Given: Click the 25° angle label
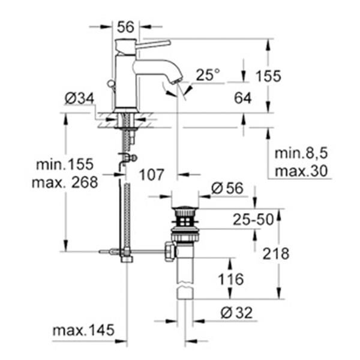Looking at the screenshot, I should pyautogui.click(x=208, y=75).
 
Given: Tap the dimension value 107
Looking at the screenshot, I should pyautogui.click(x=152, y=175).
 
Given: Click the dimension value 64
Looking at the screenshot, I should pyautogui.click(x=243, y=98).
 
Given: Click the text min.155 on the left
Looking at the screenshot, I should pyautogui.click(x=65, y=164).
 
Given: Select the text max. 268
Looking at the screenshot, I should pyautogui.click(x=65, y=182).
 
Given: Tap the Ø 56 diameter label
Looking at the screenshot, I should pyautogui.click(x=227, y=188).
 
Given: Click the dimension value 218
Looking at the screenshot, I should pyautogui.click(x=276, y=253).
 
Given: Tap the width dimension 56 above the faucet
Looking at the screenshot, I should pyautogui.click(x=125, y=26).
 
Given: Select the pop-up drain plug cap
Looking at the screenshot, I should pyautogui.click(x=185, y=211).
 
